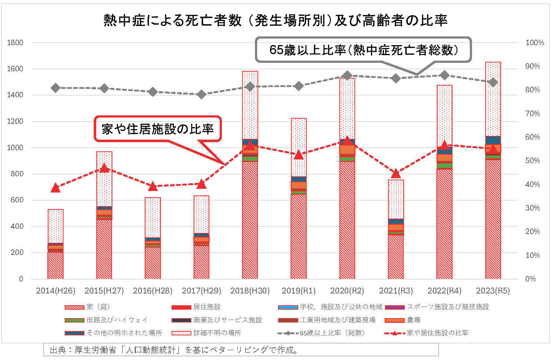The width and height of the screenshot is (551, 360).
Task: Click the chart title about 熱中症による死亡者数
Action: [275, 21]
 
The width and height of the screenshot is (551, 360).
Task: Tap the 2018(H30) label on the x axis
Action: [250, 291]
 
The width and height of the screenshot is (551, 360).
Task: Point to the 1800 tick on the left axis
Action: [15, 43]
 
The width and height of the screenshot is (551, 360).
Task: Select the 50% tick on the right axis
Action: [533, 161]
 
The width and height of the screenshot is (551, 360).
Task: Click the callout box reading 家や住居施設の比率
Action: [158, 129]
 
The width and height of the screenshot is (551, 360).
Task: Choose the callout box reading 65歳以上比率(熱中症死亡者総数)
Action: [363, 50]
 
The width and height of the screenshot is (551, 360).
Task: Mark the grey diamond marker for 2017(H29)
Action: [201, 94]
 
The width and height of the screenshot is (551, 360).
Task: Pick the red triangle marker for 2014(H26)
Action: [55, 188]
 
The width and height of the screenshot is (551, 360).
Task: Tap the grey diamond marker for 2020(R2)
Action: [347, 76]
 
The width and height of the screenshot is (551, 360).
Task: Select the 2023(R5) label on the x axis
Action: [493, 291]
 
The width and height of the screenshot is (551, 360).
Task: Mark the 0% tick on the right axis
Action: [530, 279]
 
